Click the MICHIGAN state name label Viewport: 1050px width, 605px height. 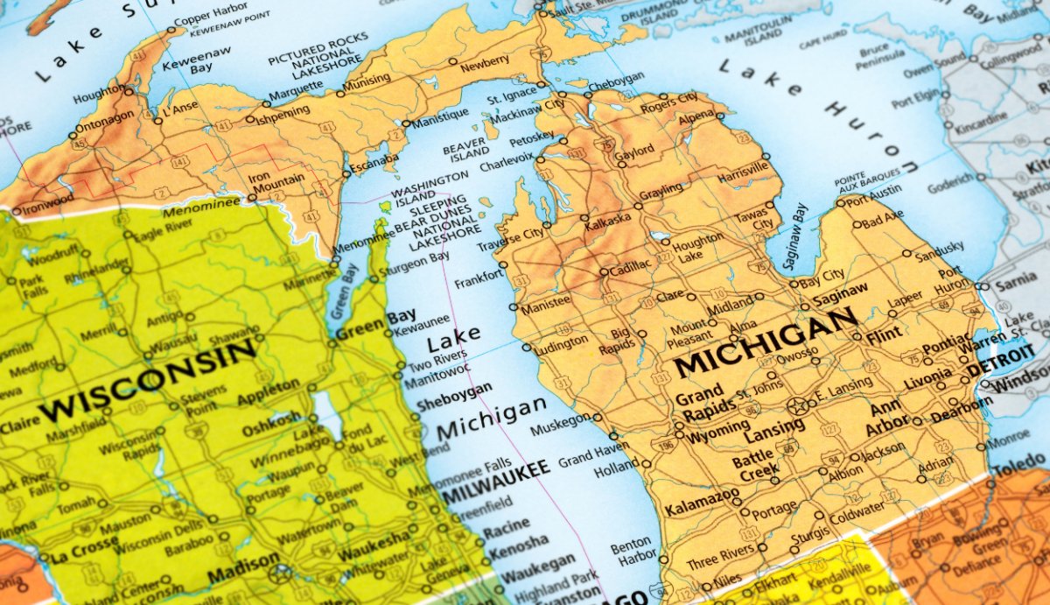[x=766, y=341]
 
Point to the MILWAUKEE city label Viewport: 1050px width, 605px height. [x=495, y=480]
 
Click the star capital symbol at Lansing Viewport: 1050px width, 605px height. [x=796, y=405]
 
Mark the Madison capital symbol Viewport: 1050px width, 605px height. [x=280, y=573]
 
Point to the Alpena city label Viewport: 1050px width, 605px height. [x=696, y=116]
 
